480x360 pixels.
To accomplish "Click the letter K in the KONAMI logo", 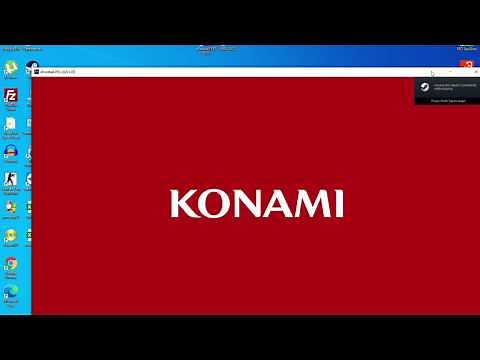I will click(181, 203).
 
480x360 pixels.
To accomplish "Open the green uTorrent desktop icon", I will click(11, 67).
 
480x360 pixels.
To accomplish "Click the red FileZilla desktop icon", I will click(11, 96).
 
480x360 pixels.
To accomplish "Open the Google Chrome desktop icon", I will click(11, 264).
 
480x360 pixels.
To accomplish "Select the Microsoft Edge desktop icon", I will click(11, 292).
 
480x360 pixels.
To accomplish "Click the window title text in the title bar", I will click(59, 71).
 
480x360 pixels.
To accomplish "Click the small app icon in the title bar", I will click(36, 71).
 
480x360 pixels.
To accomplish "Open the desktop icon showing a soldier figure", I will click(11, 180).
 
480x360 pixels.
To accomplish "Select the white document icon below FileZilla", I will click(11, 124).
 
